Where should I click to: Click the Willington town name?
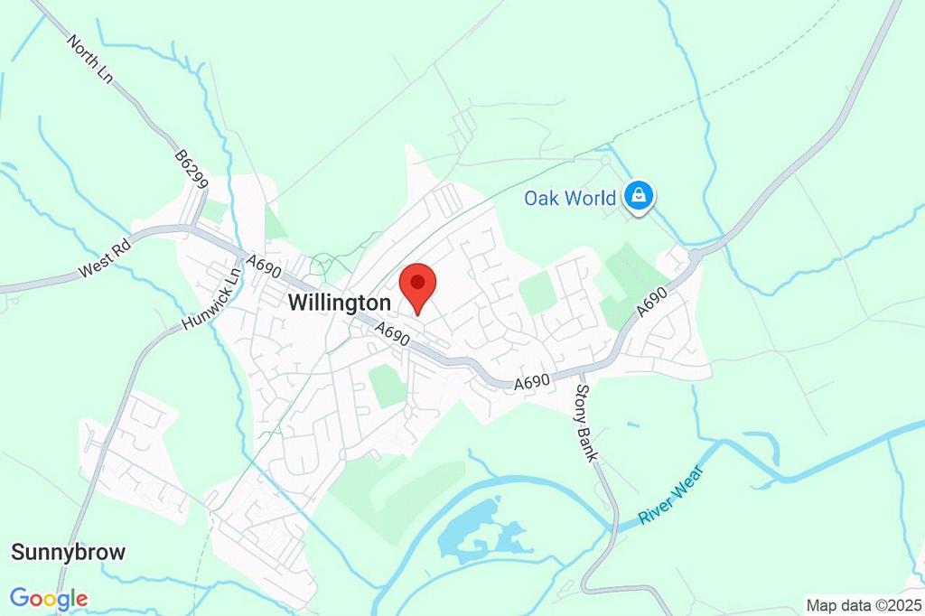click(340, 303)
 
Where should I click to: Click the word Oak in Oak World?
click(544, 198)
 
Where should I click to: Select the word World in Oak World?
click(593, 198)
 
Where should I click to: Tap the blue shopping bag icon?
click(640, 195)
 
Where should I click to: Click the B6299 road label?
click(192, 170)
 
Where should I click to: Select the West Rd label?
click(106, 257)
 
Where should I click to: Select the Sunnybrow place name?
click(68, 552)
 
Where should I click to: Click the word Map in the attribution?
click(823, 605)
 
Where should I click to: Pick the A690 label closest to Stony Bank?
click(533, 383)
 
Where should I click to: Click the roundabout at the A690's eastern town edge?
click(695, 256)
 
